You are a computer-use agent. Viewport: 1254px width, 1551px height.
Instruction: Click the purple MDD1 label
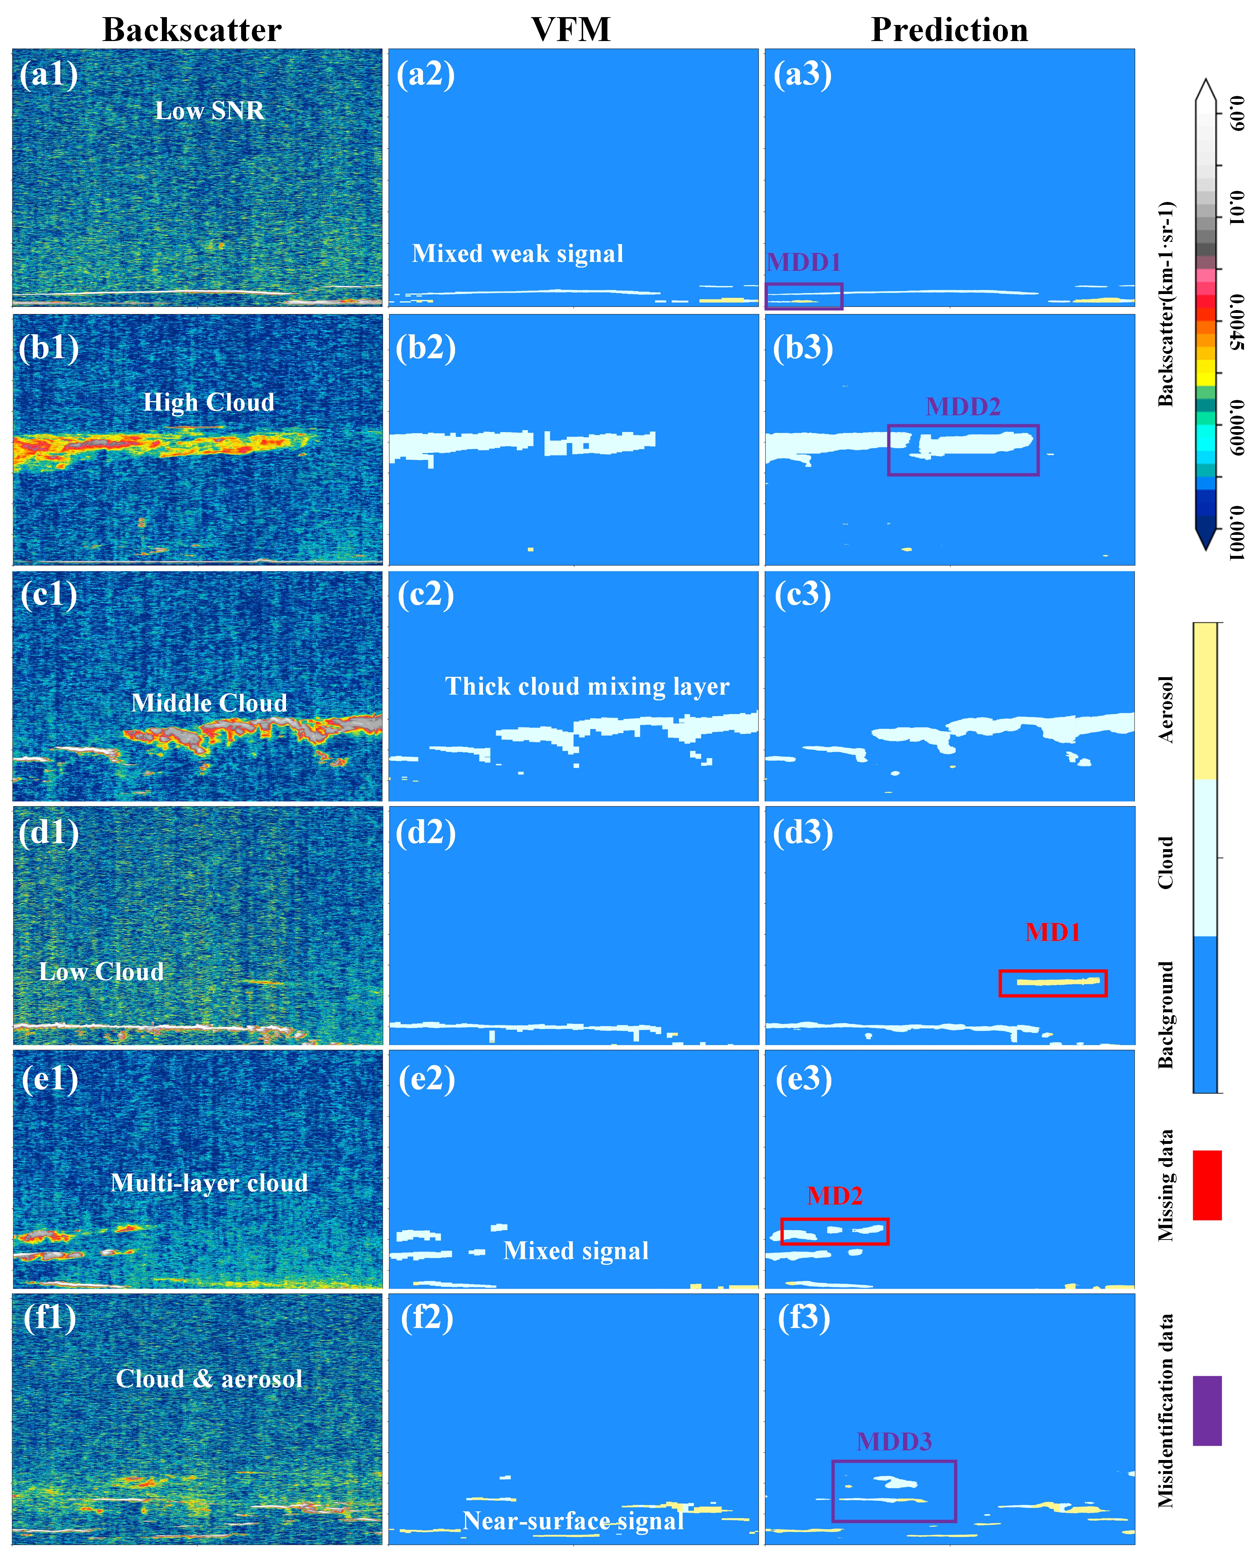click(804, 262)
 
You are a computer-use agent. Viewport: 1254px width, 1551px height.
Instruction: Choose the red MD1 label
click(1052, 932)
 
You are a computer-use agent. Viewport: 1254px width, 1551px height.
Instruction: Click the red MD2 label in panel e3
click(834, 1196)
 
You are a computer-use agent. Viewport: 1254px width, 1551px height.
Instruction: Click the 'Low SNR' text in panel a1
click(209, 111)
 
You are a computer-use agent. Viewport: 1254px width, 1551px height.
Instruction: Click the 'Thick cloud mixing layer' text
click(587, 686)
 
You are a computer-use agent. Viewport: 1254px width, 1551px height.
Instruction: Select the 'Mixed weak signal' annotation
click(517, 254)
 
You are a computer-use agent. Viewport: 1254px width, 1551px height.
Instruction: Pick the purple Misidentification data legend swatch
click(1207, 1411)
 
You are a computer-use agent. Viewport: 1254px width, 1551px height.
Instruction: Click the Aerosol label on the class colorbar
click(1165, 710)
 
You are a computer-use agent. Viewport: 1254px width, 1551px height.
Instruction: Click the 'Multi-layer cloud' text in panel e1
click(209, 1183)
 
